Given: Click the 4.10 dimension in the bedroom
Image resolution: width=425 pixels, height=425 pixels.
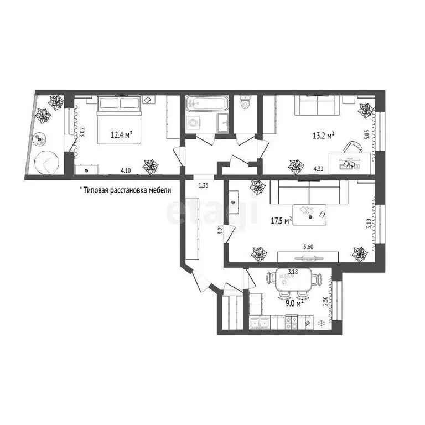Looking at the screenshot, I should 126,171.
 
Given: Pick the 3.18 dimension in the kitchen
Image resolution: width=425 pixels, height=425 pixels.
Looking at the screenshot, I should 296,272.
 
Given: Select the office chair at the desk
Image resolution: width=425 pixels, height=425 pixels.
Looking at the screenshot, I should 353,148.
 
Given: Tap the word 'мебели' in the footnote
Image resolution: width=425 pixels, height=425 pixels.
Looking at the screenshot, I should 159,190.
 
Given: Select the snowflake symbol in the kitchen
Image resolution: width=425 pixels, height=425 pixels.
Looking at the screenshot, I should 322,323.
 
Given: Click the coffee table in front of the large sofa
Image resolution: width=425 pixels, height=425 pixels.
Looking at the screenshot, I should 310,213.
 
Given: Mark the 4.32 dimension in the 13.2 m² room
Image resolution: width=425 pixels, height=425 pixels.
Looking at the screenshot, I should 319,170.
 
